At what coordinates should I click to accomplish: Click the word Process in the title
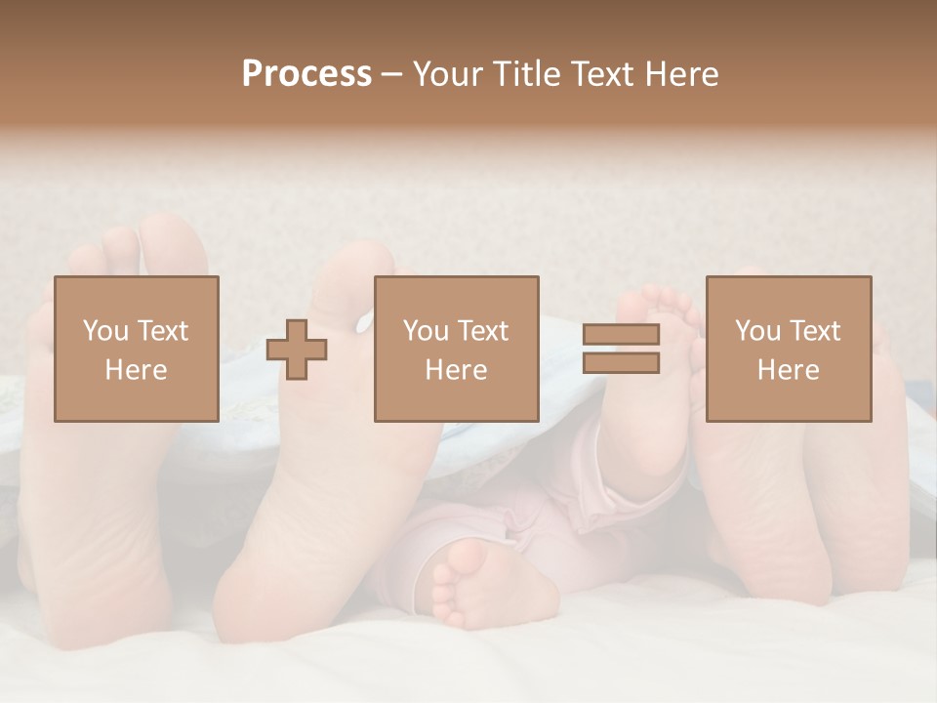306,74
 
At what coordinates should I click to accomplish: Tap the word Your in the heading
446,74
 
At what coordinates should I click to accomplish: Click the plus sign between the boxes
297,349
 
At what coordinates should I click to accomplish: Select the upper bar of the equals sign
621,334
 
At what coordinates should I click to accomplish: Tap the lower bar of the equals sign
621,363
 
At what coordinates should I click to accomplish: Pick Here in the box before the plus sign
136,370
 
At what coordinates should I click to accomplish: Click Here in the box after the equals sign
788,370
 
